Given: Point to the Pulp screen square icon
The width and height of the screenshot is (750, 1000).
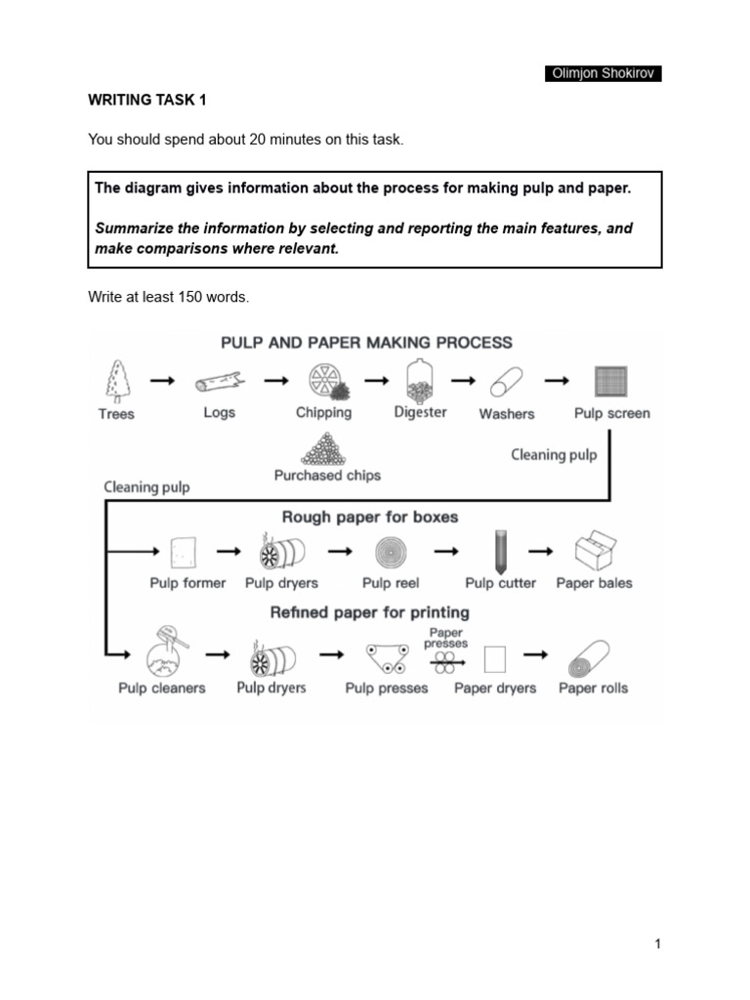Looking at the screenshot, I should click(x=610, y=381).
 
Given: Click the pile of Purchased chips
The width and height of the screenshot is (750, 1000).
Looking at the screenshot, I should click(x=327, y=448).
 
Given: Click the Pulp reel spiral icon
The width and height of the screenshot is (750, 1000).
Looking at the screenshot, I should click(x=391, y=553).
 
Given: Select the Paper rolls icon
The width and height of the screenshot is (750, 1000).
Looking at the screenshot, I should click(x=592, y=659).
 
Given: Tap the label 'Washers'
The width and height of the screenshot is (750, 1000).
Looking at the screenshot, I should click(x=507, y=414).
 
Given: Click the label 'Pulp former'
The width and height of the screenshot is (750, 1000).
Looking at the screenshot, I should click(x=187, y=583).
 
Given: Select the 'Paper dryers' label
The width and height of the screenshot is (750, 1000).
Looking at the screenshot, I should click(x=495, y=688).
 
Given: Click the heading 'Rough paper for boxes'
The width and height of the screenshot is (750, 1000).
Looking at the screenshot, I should click(x=370, y=517).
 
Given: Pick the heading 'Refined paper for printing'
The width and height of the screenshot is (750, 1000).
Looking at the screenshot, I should click(x=370, y=612).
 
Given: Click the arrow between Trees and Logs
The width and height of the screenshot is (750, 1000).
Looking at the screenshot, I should click(x=163, y=382).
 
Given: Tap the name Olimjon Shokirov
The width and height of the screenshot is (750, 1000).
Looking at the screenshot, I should click(x=603, y=74).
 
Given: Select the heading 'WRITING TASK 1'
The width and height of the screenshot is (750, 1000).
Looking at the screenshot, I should click(x=147, y=100).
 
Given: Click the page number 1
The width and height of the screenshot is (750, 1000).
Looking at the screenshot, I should click(x=658, y=943).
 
